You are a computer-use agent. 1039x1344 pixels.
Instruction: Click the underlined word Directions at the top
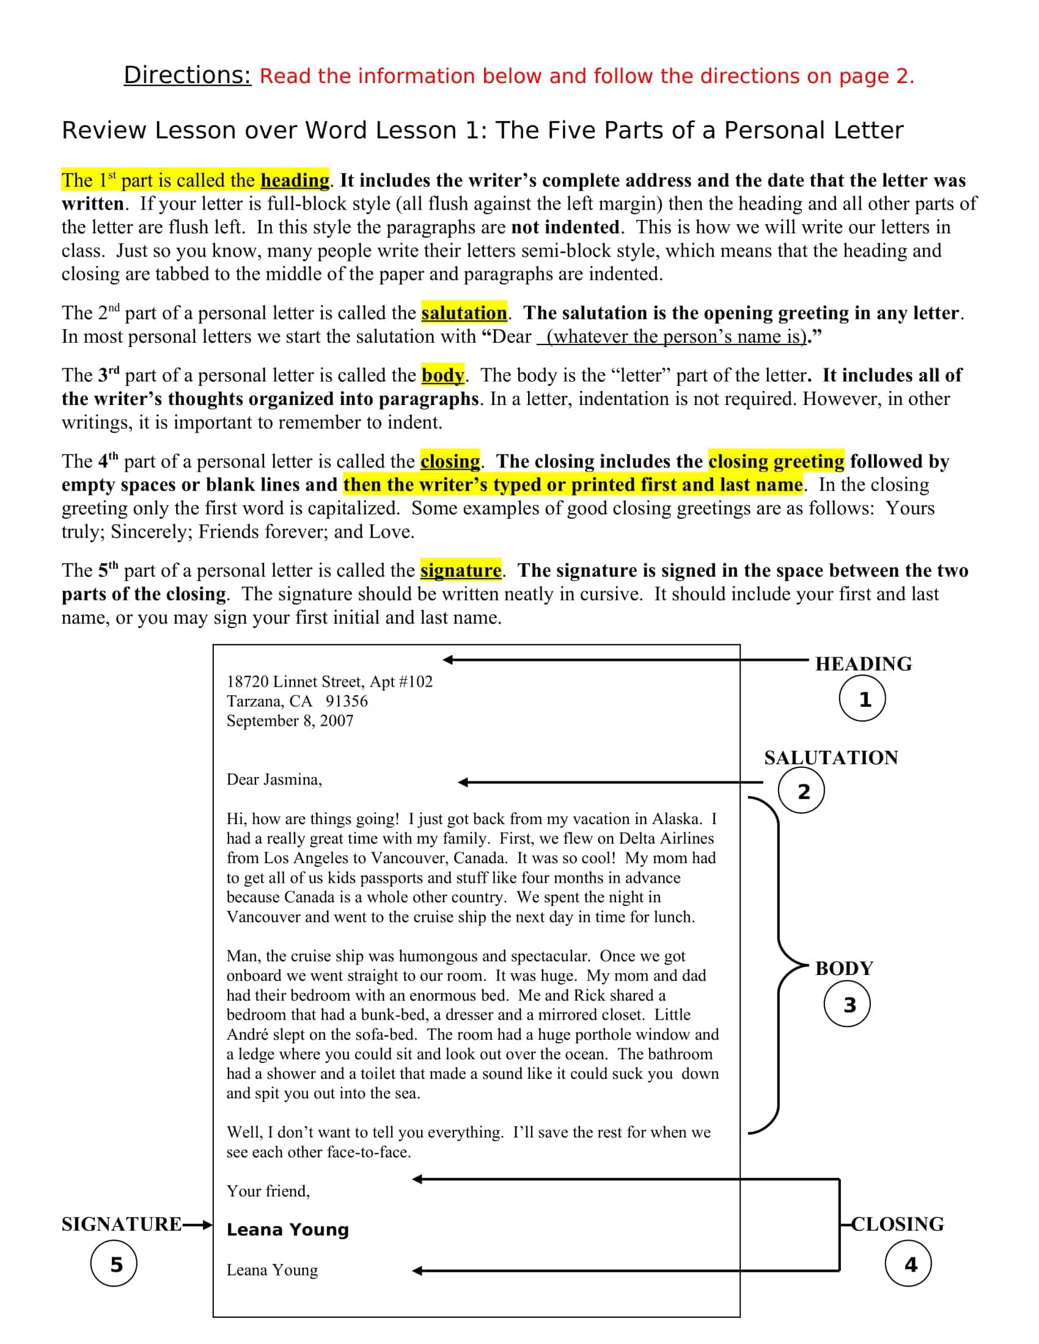(187, 76)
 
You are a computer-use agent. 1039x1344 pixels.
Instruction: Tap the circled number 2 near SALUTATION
(801, 791)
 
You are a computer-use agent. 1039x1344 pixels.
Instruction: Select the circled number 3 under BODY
(847, 1005)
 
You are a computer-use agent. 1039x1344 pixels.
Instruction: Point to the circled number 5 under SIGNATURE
(114, 1265)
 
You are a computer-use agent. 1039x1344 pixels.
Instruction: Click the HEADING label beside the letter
(863, 664)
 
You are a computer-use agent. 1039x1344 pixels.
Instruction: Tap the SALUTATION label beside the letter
(831, 758)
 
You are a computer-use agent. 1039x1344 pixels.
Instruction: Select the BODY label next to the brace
(844, 969)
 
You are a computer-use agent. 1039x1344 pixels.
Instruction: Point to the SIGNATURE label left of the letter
(121, 1224)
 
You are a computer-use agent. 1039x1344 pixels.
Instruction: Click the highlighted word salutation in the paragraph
(464, 313)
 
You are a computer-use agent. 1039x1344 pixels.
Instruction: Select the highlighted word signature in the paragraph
(461, 571)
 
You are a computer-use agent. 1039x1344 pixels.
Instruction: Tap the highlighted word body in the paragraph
(442, 375)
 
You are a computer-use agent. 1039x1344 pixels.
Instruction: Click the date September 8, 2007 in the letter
(290, 721)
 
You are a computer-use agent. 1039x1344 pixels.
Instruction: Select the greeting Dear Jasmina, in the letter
(274, 780)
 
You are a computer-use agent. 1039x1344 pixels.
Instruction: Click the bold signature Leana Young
(287, 1230)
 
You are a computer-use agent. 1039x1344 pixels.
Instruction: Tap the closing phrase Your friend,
(268, 1191)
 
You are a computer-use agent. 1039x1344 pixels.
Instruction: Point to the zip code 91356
(347, 701)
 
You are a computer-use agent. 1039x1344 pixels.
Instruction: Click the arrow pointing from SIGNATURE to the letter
(197, 1225)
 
